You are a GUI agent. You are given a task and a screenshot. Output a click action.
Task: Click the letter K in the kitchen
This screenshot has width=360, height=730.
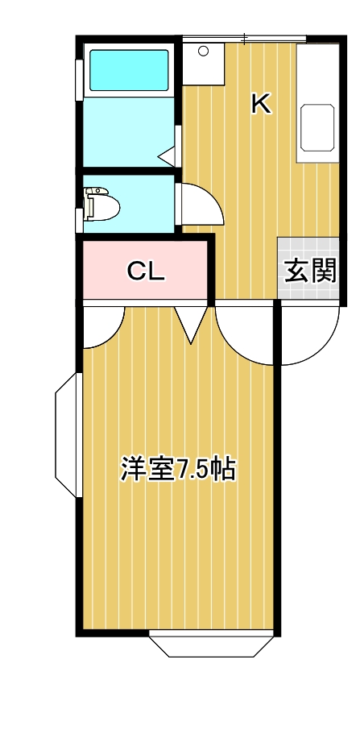pyautogui.click(x=260, y=103)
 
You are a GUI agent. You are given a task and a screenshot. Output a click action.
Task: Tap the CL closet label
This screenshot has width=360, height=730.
pyautogui.click(x=146, y=272)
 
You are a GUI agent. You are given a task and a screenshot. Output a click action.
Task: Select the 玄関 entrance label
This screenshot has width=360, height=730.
pyautogui.click(x=309, y=271)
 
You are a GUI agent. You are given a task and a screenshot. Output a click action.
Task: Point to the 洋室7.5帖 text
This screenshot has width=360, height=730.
pyautogui.click(x=178, y=469)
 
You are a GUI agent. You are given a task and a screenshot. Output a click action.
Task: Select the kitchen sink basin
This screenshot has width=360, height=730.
pyautogui.click(x=319, y=127)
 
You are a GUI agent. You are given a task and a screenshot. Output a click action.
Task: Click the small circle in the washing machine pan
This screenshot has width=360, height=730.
pyautogui.click(x=203, y=52)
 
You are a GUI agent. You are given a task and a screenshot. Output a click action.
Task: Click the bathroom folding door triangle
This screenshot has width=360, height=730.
pyautogui.click(x=168, y=153)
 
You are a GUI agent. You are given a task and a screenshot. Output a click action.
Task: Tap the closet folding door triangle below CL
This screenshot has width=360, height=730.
pyautogui.click(x=192, y=323)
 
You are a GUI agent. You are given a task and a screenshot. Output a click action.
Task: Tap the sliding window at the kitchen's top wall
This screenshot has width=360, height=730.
pyautogui.click(x=243, y=38)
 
